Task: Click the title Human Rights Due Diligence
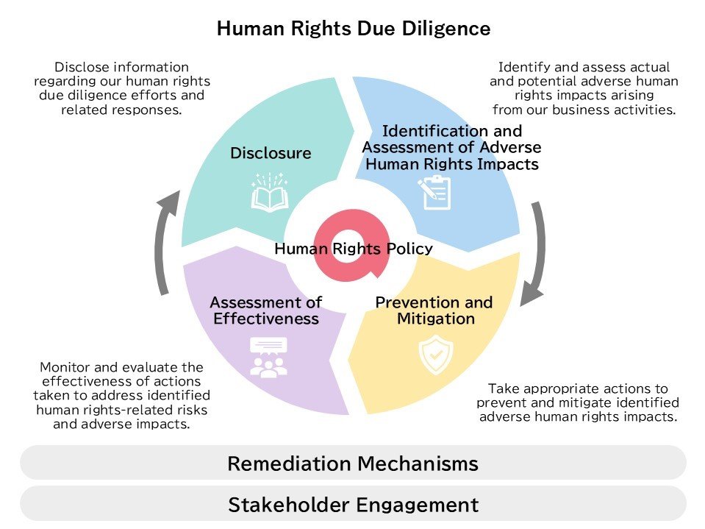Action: (x=354, y=29)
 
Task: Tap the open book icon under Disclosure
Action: (x=270, y=192)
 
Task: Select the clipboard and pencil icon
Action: (x=434, y=193)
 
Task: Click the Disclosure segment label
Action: (x=271, y=153)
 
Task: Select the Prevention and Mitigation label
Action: (x=434, y=310)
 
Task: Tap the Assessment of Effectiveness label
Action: (x=266, y=310)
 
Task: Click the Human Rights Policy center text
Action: (x=354, y=248)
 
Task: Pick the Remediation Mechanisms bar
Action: (x=353, y=463)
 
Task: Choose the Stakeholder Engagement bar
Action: (x=353, y=504)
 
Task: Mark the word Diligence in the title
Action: (x=446, y=29)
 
